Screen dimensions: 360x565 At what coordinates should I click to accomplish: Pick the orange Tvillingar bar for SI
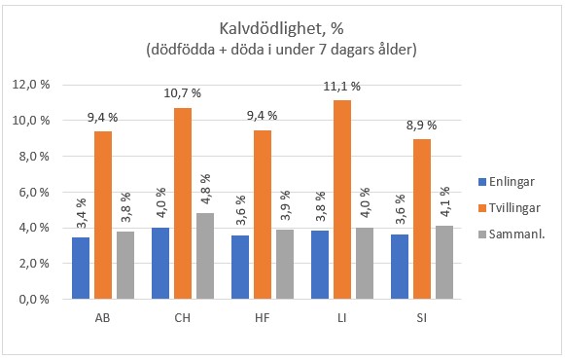[421, 219]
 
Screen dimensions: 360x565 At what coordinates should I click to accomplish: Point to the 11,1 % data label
[341, 87]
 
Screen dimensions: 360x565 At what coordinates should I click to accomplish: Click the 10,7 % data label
[181, 93]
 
